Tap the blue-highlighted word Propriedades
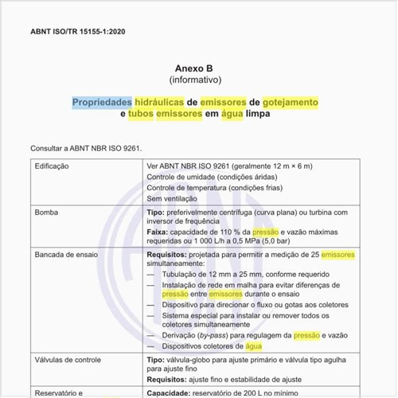(x=102, y=103)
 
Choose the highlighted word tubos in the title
(x=141, y=115)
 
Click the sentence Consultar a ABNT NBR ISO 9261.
(x=85, y=148)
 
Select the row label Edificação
(x=53, y=166)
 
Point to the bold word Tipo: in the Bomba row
(x=156, y=213)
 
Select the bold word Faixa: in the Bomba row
(x=158, y=231)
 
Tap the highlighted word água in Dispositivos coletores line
(x=253, y=346)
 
